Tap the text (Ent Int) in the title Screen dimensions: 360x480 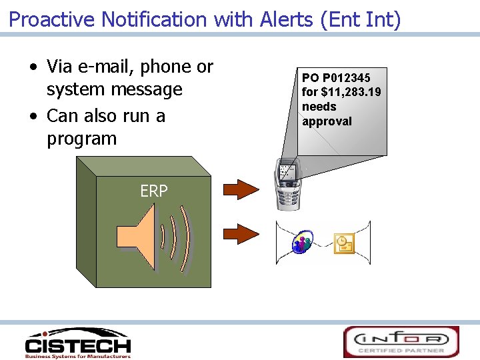coord(361,19)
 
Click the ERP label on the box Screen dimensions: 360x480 coord(154,191)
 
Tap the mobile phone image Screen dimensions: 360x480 coord(288,185)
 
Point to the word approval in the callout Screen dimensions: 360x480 coord(327,121)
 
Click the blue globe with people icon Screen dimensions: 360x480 coord(303,243)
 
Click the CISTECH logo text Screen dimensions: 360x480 coord(78,345)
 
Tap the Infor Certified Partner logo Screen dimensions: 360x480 coord(401,341)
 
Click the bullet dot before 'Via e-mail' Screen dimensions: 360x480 coord(33,68)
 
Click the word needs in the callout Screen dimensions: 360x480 coord(319,107)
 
